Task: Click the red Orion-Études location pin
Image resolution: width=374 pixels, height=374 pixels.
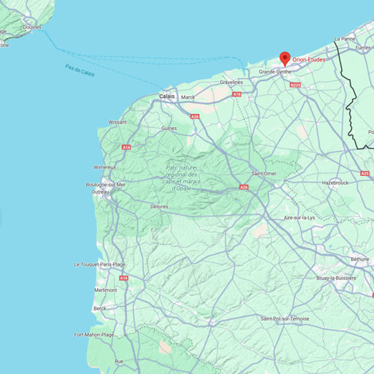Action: (x=285, y=58)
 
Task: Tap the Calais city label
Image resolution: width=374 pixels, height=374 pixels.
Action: (x=167, y=96)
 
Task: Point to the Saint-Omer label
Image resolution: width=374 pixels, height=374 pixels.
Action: (x=264, y=173)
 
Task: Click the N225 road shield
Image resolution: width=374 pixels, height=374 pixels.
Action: (x=295, y=85)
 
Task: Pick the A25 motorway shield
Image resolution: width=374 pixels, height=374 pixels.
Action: (x=365, y=173)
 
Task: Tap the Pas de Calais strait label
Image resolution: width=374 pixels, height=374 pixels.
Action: (x=80, y=72)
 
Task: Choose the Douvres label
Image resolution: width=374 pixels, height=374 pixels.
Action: (x=31, y=27)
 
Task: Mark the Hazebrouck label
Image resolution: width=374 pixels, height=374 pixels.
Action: (x=336, y=182)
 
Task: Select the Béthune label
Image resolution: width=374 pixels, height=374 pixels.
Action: (x=359, y=259)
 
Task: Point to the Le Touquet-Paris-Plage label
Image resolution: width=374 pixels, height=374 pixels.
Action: (x=100, y=264)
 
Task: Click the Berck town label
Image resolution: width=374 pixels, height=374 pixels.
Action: (x=100, y=308)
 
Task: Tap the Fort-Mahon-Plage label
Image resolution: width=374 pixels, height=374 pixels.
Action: (x=94, y=335)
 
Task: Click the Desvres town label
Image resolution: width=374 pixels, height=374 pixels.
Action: (x=159, y=207)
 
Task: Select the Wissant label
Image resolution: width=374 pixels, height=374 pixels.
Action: (x=117, y=122)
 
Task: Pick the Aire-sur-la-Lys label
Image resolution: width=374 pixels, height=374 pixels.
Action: (x=299, y=218)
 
